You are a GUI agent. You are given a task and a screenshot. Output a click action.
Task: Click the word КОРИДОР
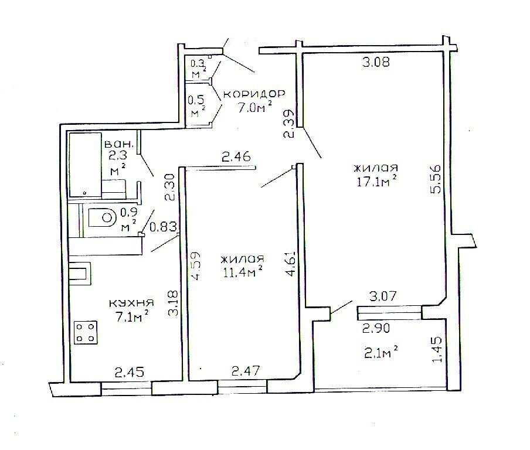tap(254, 93)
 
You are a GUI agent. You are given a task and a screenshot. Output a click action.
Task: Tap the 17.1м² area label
tap(376, 182)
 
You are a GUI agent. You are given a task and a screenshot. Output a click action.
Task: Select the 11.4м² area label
tap(243, 272)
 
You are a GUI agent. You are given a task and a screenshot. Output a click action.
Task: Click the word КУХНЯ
tap(131, 303)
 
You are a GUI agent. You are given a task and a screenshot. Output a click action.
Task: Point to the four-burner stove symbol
tap(86, 332)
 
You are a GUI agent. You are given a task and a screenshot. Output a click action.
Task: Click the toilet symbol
tap(102, 217)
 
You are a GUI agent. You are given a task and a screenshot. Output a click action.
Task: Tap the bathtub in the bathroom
tap(85, 165)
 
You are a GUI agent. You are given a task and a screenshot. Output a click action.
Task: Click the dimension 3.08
tap(376, 62)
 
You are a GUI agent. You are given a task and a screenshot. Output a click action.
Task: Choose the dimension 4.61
tap(291, 264)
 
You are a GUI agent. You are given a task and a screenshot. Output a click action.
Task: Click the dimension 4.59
tap(196, 266)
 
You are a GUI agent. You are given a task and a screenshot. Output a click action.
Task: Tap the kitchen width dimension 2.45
tap(130, 372)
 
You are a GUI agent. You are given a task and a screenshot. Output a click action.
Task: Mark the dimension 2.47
tap(246, 371)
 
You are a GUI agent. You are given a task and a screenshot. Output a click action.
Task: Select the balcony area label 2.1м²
tap(381, 353)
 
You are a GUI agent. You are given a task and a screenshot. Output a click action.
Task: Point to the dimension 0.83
tap(163, 227)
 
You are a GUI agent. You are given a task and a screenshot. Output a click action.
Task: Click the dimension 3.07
tap(383, 296)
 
